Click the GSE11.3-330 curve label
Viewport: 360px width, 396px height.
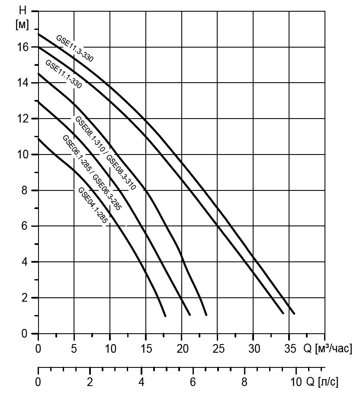tap(74, 48)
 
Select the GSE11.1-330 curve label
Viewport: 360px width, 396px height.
tap(63, 74)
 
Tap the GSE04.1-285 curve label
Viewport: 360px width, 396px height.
tap(92, 206)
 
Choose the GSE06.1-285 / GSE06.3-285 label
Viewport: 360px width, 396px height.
tap(92, 172)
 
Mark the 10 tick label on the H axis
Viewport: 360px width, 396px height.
tap(22, 155)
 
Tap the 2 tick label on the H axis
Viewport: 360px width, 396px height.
tap(25, 298)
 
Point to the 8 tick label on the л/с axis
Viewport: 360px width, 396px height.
tap(244, 382)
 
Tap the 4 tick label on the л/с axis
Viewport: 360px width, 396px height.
tap(141, 382)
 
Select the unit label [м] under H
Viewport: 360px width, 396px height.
tap(22, 25)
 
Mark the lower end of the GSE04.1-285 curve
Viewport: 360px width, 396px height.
tap(165, 316)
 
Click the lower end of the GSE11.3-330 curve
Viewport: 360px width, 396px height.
tap(294, 313)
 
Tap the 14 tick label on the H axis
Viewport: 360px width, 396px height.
tap(22, 83)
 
